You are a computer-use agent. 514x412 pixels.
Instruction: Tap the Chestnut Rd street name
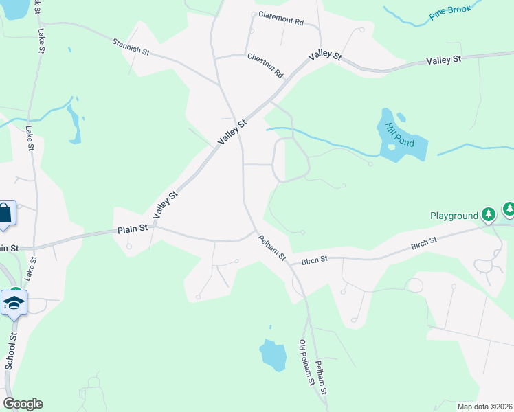coord(266,65)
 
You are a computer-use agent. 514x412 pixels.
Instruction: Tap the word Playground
coord(454,216)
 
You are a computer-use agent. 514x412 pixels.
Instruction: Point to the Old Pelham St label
coord(306,361)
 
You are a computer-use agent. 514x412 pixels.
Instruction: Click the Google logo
coord(23,404)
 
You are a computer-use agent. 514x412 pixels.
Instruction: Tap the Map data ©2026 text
coord(485,407)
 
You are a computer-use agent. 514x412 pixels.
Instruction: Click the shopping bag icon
coord(4,214)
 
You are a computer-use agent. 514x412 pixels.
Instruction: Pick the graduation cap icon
coord(14,302)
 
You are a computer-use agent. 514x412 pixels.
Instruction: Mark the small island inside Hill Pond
coord(392,146)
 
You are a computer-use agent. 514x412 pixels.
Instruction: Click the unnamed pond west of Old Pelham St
coord(273,355)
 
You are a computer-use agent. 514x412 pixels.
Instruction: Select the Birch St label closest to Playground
coord(424,242)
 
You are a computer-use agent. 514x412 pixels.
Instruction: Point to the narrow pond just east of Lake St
coord(74,124)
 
